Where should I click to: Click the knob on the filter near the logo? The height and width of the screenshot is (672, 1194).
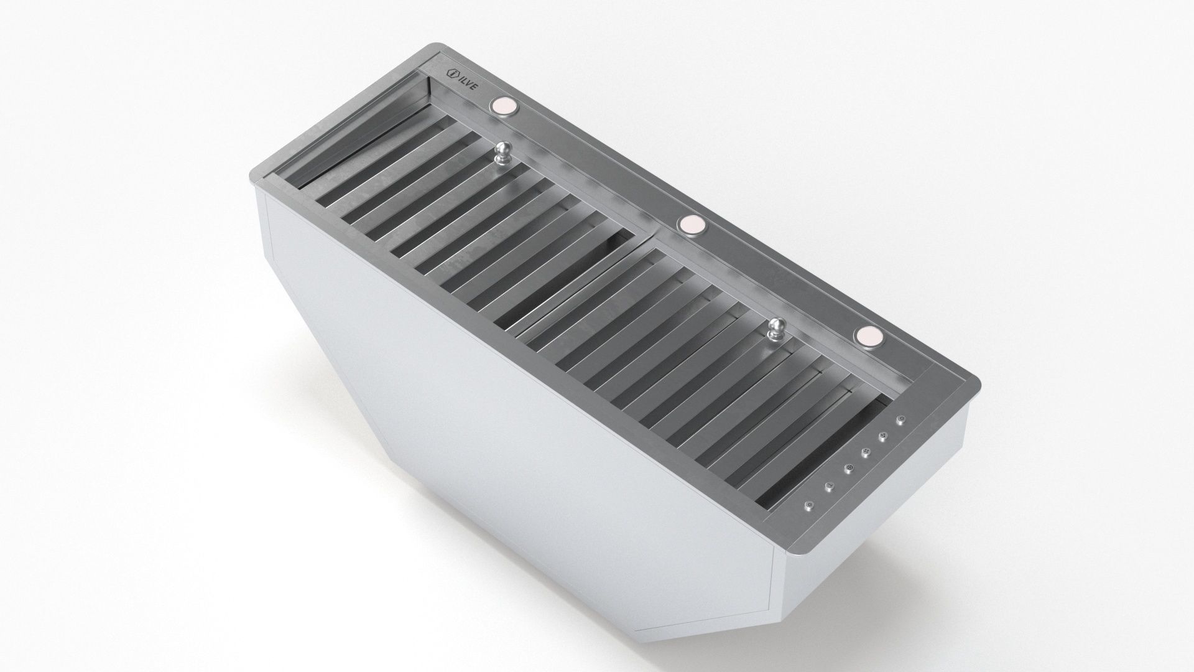(502, 154)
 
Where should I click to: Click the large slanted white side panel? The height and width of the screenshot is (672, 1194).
(497, 436)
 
